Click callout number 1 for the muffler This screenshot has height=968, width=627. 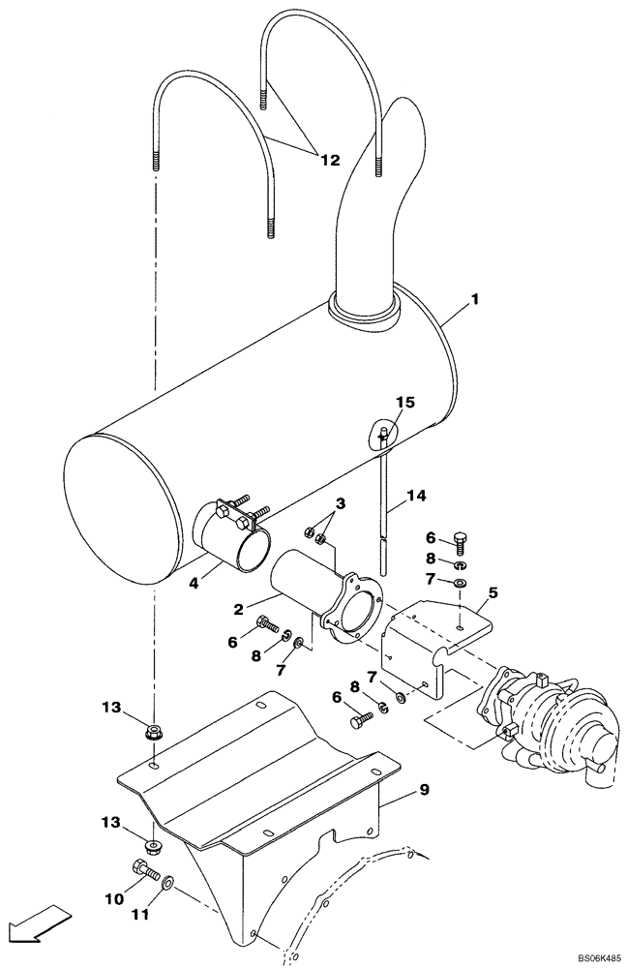tap(474, 303)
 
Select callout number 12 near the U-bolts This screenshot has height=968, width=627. tap(330, 160)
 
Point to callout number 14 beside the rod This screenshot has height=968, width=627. tap(415, 497)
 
